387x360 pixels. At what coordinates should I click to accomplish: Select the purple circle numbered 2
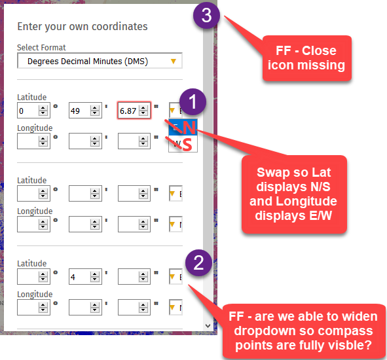pyautogui.click(x=198, y=264)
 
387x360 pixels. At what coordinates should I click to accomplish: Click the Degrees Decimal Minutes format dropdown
pyautogui.click(x=100, y=61)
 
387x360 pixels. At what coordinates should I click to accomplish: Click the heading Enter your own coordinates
pyautogui.click(x=83, y=27)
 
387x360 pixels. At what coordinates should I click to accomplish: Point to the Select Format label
pyautogui.click(x=41, y=48)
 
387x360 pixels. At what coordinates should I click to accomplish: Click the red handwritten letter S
pyautogui.click(x=188, y=143)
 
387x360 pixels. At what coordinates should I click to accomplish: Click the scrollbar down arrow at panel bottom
pyautogui.click(x=208, y=325)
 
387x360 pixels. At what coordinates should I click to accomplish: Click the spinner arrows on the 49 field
pyautogui.click(x=94, y=111)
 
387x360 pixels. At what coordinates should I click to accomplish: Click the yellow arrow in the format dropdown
pyautogui.click(x=173, y=61)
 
